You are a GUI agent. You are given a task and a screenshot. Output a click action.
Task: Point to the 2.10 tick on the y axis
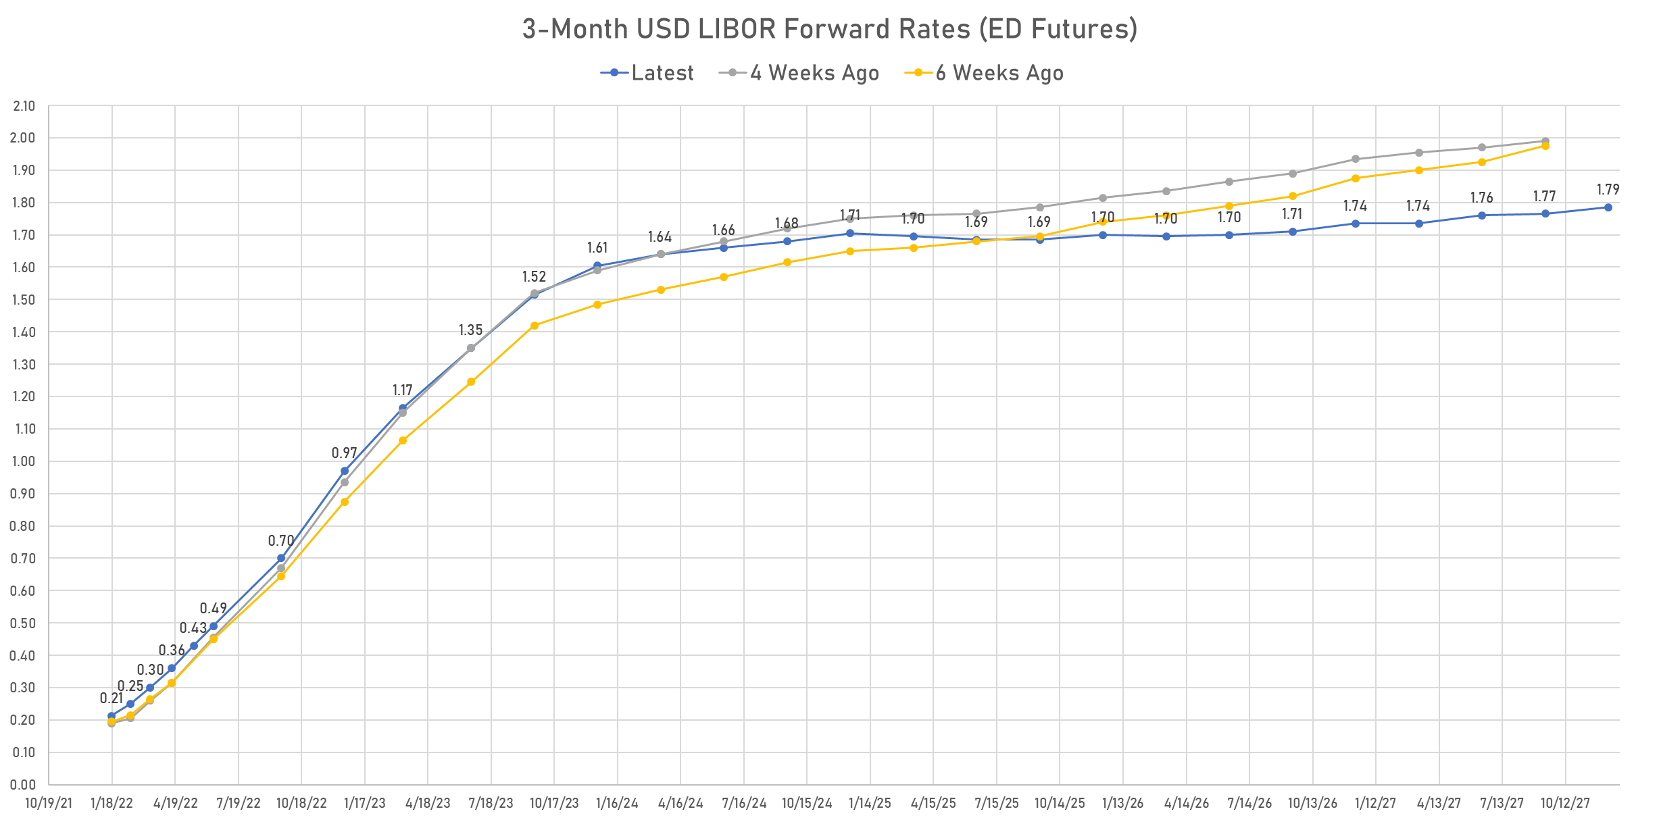point(24,106)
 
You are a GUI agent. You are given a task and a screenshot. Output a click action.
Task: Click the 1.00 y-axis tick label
point(24,461)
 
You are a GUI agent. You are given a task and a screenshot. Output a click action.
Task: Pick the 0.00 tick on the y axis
point(24,784)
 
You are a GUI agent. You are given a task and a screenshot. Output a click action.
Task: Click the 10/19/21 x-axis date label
point(49,804)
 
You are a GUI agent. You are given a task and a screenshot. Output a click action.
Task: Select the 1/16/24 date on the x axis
point(617,804)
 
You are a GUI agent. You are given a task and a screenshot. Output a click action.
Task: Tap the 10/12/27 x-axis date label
point(1566,804)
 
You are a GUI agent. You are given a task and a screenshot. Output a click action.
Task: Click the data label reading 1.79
point(1608,190)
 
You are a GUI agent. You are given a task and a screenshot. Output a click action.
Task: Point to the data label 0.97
point(344,453)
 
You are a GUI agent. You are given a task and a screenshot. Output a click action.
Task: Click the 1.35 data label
point(470,330)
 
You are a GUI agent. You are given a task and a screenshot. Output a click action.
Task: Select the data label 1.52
point(534,277)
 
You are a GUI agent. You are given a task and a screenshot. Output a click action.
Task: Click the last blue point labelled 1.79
point(1608,207)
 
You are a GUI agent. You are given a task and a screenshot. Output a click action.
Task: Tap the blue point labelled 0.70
point(281,559)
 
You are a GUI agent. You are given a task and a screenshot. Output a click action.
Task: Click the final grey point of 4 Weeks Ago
point(1545,141)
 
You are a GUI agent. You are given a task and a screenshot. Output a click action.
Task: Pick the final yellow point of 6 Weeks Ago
point(1545,146)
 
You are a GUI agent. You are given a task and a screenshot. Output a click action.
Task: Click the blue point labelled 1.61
point(597,265)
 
